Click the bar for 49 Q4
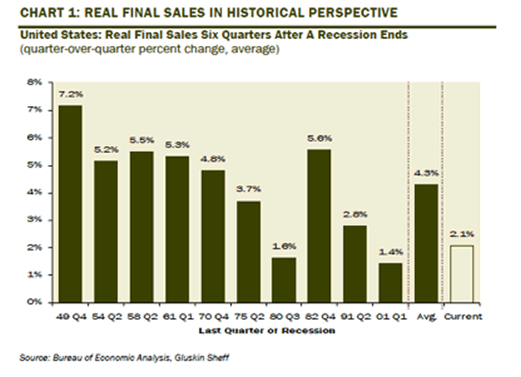click(71, 203)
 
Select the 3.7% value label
click(247, 188)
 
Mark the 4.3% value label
click(425, 172)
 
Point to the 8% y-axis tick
click(35, 83)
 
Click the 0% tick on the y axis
click(35, 301)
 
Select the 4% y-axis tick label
click(35, 192)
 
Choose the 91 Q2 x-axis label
click(354, 316)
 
